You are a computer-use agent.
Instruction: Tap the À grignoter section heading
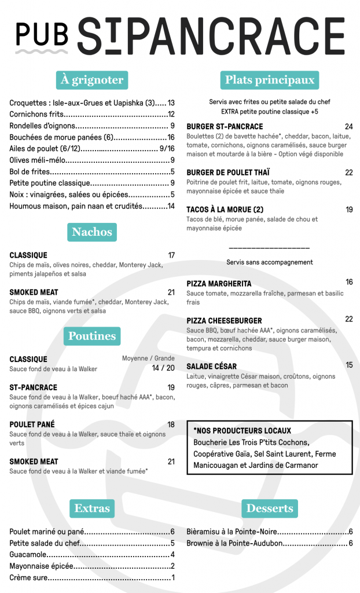[91, 80]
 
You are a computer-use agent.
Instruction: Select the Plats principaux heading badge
[269, 80]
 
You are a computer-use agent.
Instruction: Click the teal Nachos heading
[91, 232]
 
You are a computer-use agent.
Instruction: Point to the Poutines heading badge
[91, 336]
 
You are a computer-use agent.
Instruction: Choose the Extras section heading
[91, 508]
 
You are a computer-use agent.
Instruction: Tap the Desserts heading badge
[269, 508]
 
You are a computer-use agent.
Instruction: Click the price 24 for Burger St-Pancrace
[348, 127]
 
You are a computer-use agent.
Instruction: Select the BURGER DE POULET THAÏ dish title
[228, 173]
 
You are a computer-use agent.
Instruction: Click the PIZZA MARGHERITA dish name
[219, 284]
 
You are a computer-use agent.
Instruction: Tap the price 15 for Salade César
[349, 365]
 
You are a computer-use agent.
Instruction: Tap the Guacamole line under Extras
[28, 554]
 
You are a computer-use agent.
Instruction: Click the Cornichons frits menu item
[36, 115]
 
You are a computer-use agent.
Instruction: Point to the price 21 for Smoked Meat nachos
[171, 292]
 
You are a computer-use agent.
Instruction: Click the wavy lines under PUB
[42, 52]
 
